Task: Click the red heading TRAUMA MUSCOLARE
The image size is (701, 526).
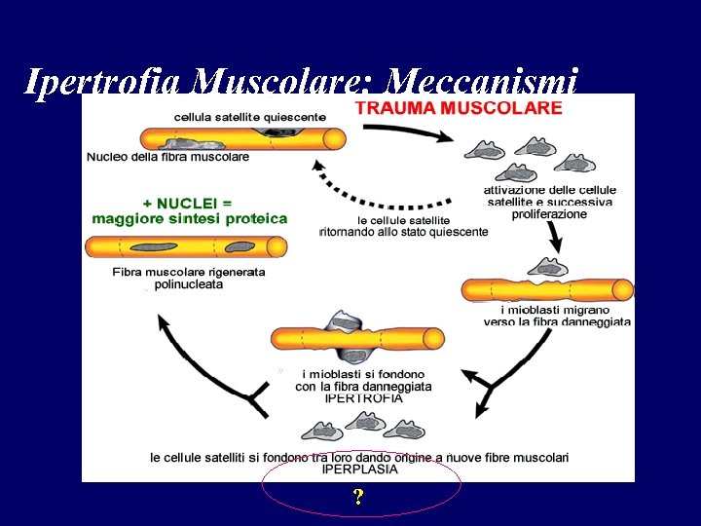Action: pyautogui.click(x=459, y=108)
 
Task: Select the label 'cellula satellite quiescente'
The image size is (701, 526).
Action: pyautogui.click(x=249, y=117)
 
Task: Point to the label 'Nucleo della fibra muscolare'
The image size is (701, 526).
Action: pyautogui.click(x=167, y=156)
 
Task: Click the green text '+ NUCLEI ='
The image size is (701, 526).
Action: pyautogui.click(x=187, y=203)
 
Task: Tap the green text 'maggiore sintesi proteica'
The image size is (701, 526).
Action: pyautogui.click(x=190, y=218)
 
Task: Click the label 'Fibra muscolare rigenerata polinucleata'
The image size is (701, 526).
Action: pyautogui.click(x=189, y=278)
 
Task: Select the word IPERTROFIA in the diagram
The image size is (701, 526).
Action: pyautogui.click(x=363, y=397)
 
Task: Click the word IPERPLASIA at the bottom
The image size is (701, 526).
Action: pyautogui.click(x=360, y=469)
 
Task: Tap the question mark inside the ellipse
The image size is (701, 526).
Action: pyautogui.click(x=359, y=498)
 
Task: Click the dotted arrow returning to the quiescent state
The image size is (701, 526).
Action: pyautogui.click(x=380, y=194)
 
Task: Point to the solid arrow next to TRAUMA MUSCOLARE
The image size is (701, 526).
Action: pyautogui.click(x=419, y=131)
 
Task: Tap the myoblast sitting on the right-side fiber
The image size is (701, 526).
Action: pyautogui.click(x=547, y=267)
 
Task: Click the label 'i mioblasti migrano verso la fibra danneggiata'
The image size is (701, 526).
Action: pyautogui.click(x=557, y=315)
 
